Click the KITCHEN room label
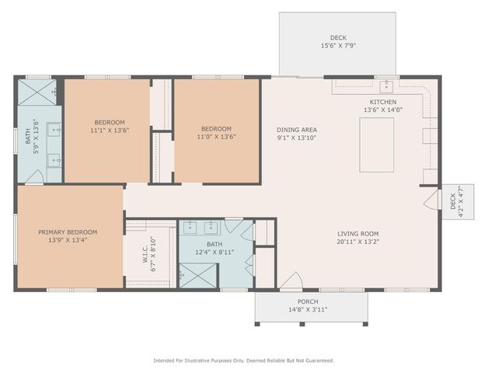click(382, 102)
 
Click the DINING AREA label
click(297, 130)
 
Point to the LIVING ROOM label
click(357, 233)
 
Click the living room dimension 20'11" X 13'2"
click(357, 242)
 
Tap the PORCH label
click(308, 302)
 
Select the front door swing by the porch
click(291, 281)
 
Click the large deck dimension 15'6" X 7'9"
click(337, 46)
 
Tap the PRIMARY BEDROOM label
click(68, 232)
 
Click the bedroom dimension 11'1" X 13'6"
click(109, 131)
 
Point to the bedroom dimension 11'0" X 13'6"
click(216, 137)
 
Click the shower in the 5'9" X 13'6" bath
click(38, 93)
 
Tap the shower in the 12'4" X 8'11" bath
click(191, 275)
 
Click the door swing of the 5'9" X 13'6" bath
click(34, 176)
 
